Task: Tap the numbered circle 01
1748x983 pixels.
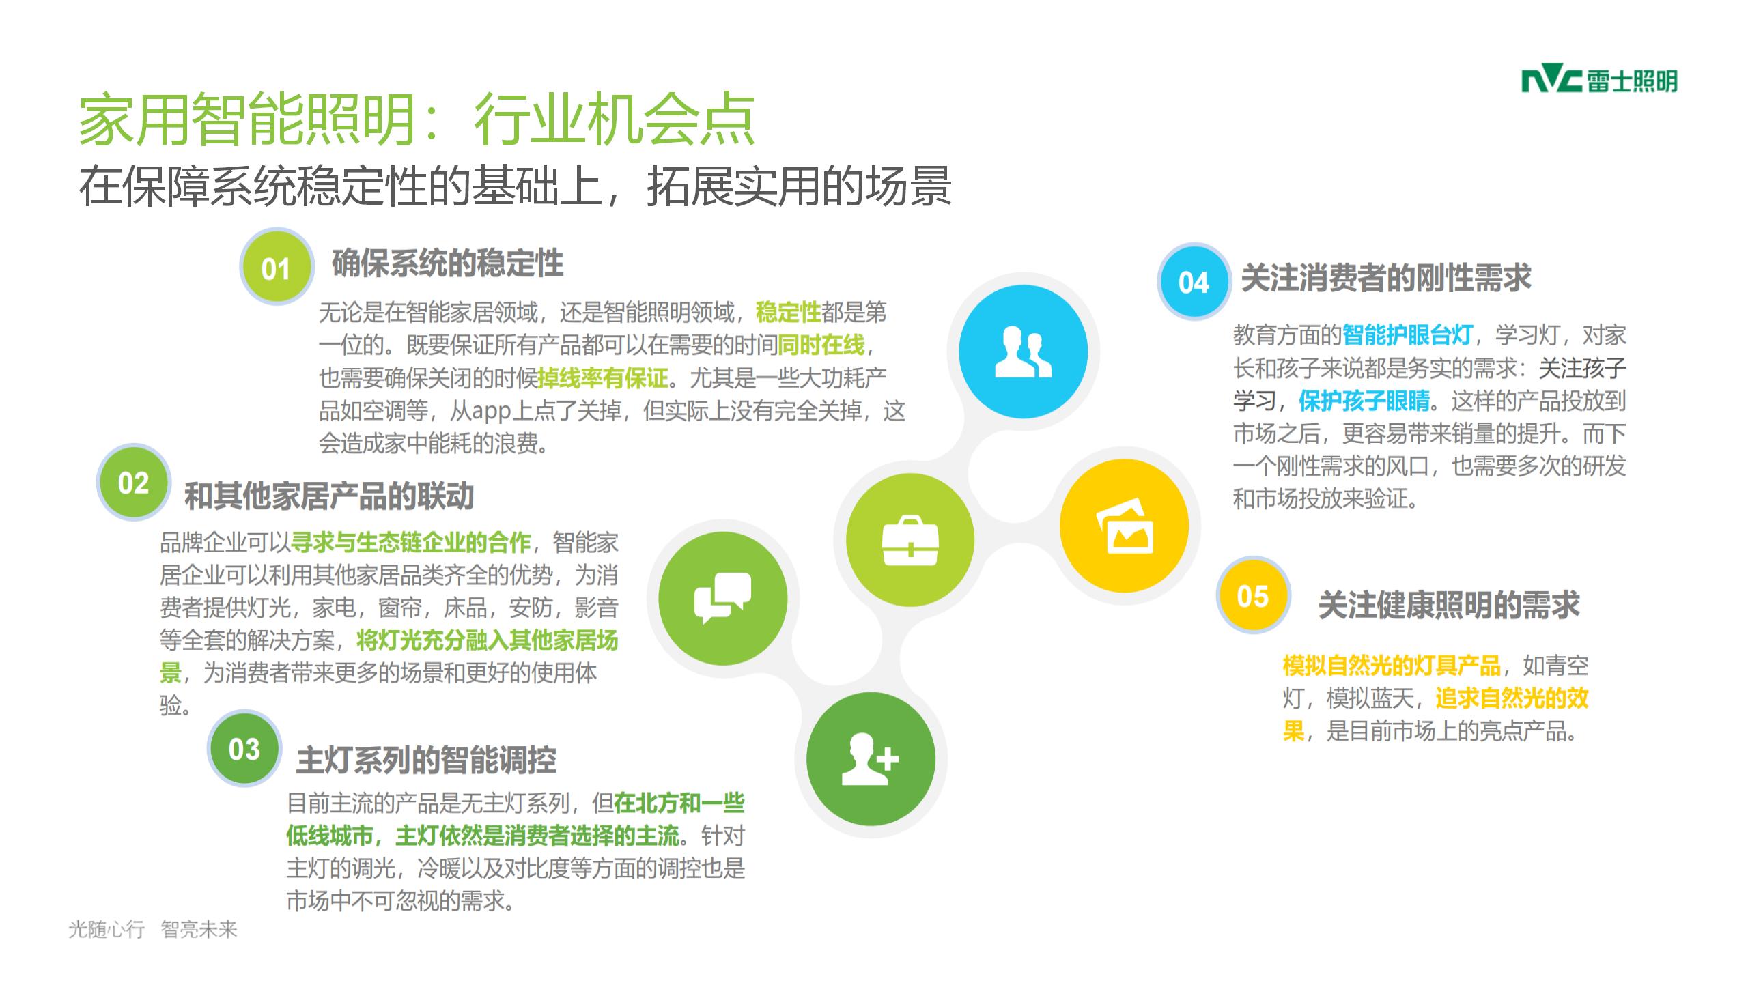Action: tap(277, 267)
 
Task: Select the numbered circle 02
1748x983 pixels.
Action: tap(133, 483)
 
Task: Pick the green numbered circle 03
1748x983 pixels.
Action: tap(244, 749)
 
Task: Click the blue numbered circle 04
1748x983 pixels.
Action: tap(1194, 281)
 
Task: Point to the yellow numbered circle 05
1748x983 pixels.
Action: tap(1253, 596)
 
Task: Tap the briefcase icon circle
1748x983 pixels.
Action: tap(910, 540)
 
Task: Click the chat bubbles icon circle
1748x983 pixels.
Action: tap(723, 598)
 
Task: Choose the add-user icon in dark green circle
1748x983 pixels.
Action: tap(871, 758)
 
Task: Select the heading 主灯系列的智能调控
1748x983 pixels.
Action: tap(426, 760)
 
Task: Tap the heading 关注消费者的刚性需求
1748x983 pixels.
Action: tap(1386, 279)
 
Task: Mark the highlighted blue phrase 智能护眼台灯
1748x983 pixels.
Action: tap(1407, 335)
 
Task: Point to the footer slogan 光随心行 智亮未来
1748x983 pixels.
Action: tap(153, 929)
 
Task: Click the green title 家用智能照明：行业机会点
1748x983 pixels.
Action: tap(417, 120)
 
